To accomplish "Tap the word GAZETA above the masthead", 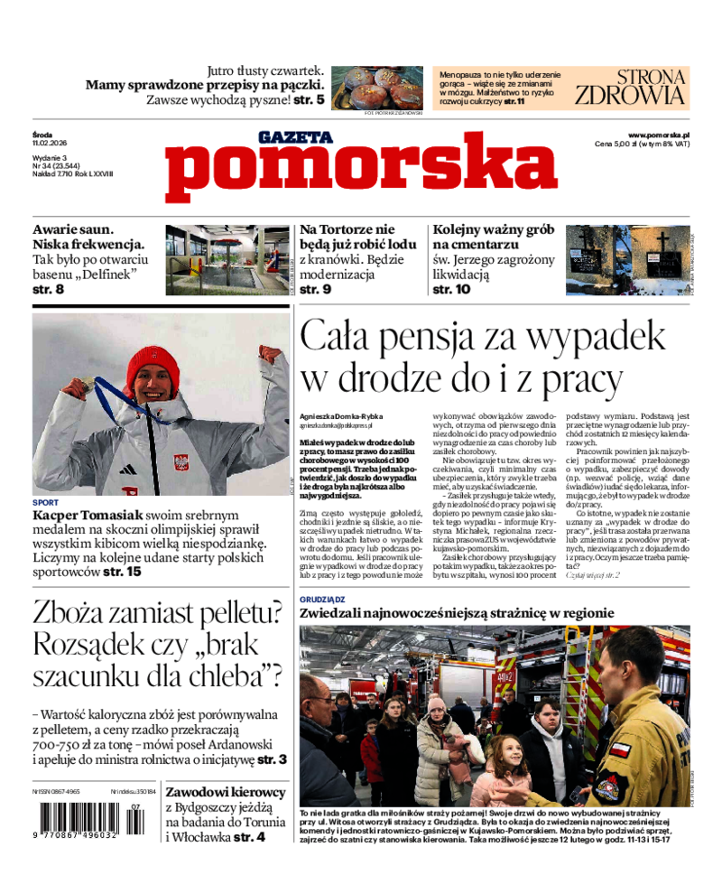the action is pyautogui.click(x=295, y=137).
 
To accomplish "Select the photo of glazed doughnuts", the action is pyautogui.click(x=376, y=87).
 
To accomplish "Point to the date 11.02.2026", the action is pyautogui.click(x=51, y=143).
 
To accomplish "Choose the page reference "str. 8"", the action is pyautogui.click(x=48, y=290).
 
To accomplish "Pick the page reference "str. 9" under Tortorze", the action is pyautogui.click(x=315, y=290).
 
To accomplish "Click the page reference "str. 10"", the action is pyautogui.click(x=451, y=290).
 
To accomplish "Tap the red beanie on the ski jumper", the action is pyautogui.click(x=153, y=366).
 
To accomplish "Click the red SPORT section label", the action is pyautogui.click(x=45, y=502).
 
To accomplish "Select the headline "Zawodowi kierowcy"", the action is pyautogui.click(x=226, y=792).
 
